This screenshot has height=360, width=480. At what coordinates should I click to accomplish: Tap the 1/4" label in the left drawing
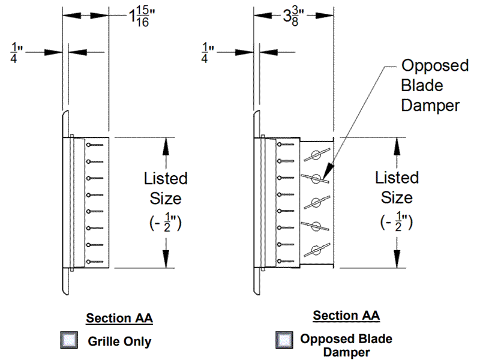pyautogui.click(x=16, y=52)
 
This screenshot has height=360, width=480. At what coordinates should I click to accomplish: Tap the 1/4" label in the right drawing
pyautogui.click(x=208, y=52)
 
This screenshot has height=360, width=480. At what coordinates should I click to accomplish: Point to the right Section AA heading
pyautogui.click(x=346, y=316)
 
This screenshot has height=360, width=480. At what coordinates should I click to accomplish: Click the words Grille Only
pyautogui.click(x=120, y=342)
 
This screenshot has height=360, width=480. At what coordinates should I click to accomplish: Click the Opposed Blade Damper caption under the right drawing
pyautogui.click(x=346, y=346)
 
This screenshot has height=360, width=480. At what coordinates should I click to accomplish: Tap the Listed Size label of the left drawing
pyautogui.click(x=166, y=188)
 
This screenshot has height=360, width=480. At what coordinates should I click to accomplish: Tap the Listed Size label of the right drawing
pyautogui.click(x=397, y=187)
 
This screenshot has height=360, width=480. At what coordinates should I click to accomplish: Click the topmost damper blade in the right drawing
pyautogui.click(x=316, y=156)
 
